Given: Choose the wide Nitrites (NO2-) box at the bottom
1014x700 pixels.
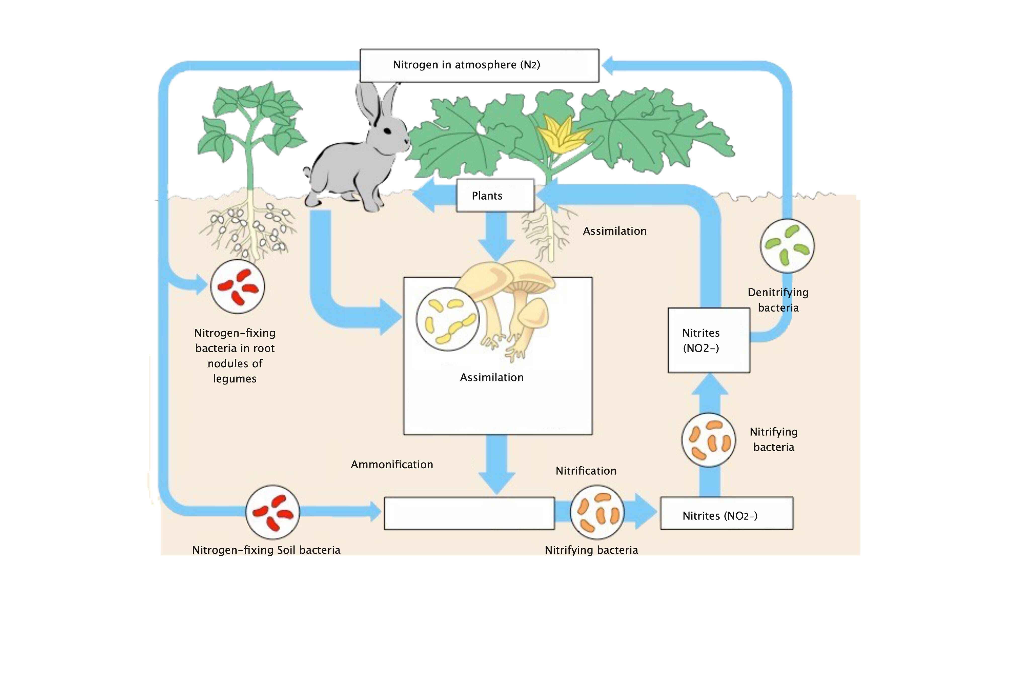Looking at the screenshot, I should pos(726,513).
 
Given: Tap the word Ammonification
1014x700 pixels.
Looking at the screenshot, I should pos(392,464).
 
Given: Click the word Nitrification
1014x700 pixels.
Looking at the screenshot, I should pos(586,471).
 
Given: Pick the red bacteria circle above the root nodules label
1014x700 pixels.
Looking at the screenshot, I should pos(238,286).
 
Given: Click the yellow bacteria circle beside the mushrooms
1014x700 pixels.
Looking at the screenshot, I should pos(447,319).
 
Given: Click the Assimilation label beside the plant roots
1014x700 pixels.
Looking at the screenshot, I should pos(614,231).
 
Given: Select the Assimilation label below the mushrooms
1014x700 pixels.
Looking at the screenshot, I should pos(491,378).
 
